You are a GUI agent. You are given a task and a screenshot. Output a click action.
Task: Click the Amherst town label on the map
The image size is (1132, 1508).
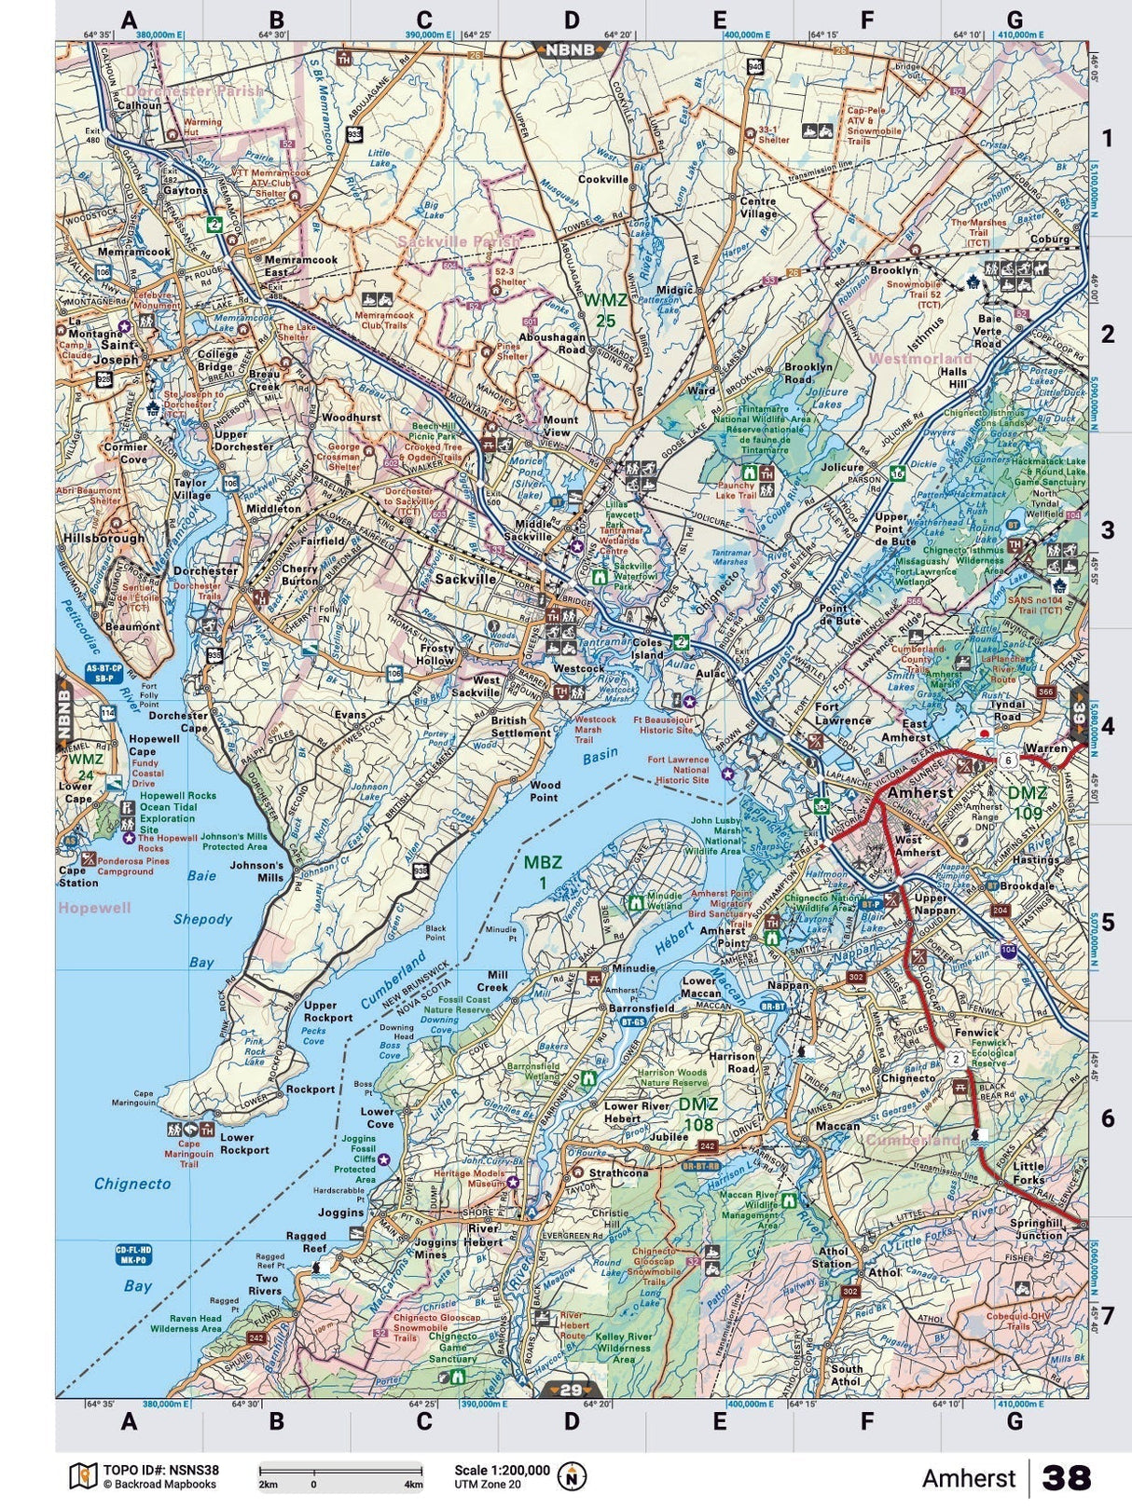[x=920, y=792]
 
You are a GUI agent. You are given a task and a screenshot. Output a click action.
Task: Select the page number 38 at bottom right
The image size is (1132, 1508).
[x=1066, y=1477]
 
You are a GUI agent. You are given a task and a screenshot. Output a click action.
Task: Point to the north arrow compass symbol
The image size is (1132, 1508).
[x=572, y=1475]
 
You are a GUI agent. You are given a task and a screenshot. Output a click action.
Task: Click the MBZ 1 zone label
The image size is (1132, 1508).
[x=542, y=871]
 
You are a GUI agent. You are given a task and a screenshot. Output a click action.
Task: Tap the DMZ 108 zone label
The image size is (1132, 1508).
[x=697, y=1114]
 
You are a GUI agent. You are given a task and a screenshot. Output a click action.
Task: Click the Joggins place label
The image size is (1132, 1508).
[x=339, y=1213]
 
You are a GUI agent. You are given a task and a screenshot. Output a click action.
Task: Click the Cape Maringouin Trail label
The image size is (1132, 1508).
[x=188, y=1154]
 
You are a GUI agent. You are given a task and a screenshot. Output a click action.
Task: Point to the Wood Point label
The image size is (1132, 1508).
[x=545, y=791]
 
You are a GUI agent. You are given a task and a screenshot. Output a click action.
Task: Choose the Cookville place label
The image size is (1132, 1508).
[x=603, y=179]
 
